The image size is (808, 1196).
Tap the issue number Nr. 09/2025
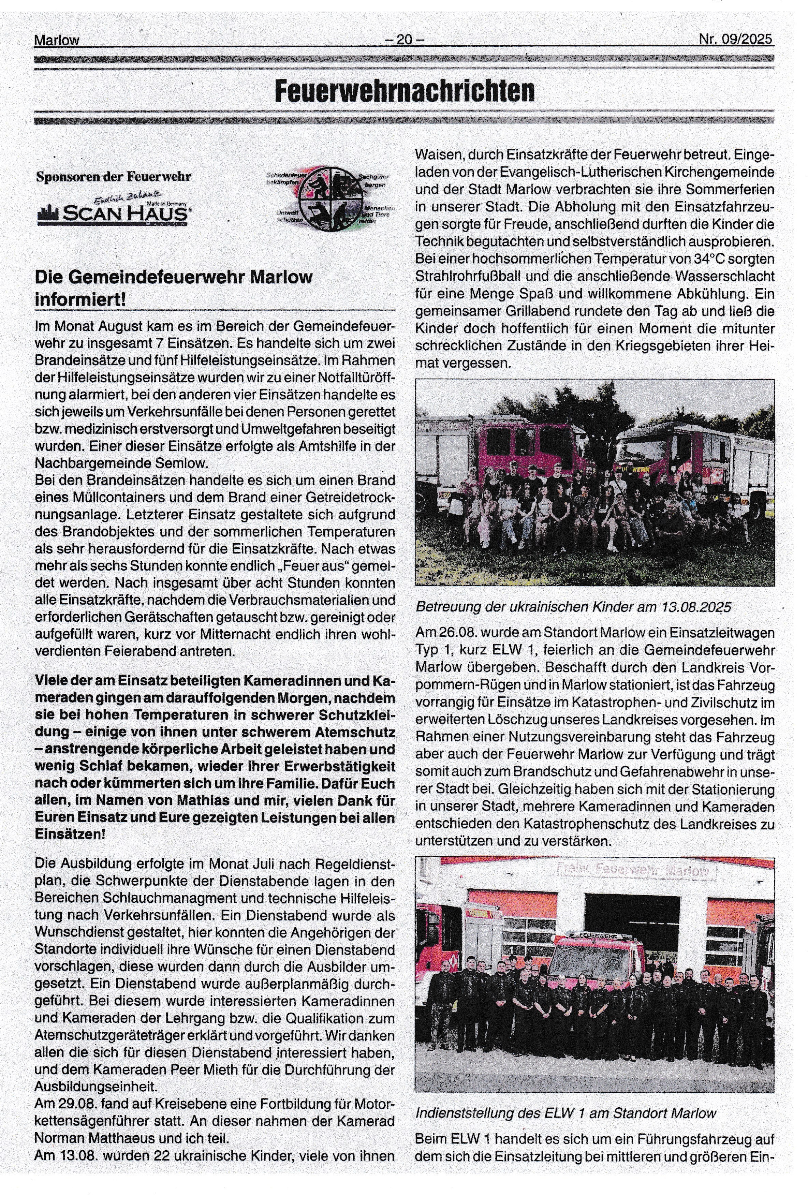pos(735,39)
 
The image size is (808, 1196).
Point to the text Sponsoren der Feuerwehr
pos(114,177)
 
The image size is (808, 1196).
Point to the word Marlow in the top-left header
pos(57,40)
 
